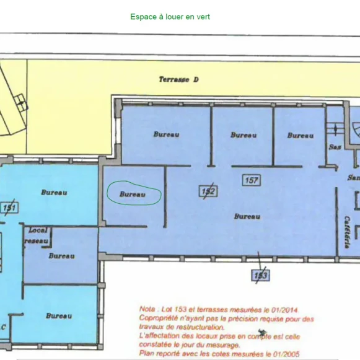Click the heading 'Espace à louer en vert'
[170, 17]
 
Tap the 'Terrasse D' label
[178, 79]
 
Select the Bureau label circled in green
[132, 194]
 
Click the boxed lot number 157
[251, 180]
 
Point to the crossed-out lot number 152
[208, 191]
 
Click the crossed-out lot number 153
[260, 274]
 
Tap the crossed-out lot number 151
[9, 208]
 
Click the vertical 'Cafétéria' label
[348, 232]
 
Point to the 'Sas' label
[335, 147]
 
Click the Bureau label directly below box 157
[246, 216]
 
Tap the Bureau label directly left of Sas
[300, 135]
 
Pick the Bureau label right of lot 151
[54, 192]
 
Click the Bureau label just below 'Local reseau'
[61, 256]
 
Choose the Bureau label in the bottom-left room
[58, 315]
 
